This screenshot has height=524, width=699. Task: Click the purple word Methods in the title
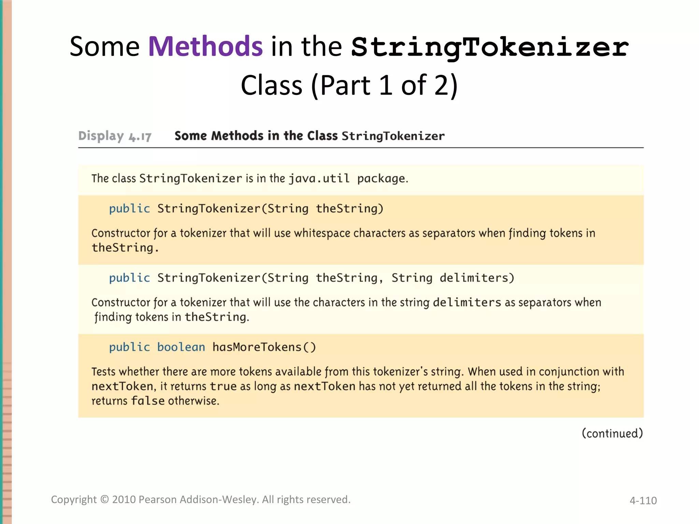pos(205,46)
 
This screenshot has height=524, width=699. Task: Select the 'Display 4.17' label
pos(115,136)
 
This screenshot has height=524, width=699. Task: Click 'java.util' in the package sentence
pos(319,178)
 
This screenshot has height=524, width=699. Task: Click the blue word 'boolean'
pos(181,347)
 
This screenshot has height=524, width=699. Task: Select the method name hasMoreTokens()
pos(264,347)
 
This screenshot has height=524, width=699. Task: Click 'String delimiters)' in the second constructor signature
pos(453,278)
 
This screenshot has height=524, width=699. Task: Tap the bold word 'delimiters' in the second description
pos(467,303)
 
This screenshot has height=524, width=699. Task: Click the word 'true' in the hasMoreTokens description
pos(223,387)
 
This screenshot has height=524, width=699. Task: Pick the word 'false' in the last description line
pos(148,401)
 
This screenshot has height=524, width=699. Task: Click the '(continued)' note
pos(612,434)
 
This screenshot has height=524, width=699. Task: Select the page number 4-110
pos(643,500)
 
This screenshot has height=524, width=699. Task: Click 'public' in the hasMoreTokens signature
pos(129,347)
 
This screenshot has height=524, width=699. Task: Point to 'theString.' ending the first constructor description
pos(125,248)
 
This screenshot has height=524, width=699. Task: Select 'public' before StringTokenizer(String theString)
pos(129,209)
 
